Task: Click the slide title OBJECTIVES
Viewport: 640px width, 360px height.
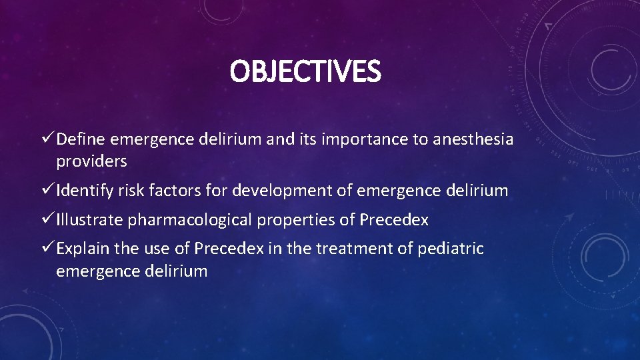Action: coord(305,72)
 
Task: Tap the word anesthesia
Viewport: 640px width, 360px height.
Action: coord(473,139)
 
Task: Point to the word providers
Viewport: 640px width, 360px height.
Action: coord(91,161)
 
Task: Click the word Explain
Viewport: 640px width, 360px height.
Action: coord(83,249)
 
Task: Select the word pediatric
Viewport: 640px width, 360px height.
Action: coord(451,249)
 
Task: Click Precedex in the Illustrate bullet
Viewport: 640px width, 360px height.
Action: coord(394,220)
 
